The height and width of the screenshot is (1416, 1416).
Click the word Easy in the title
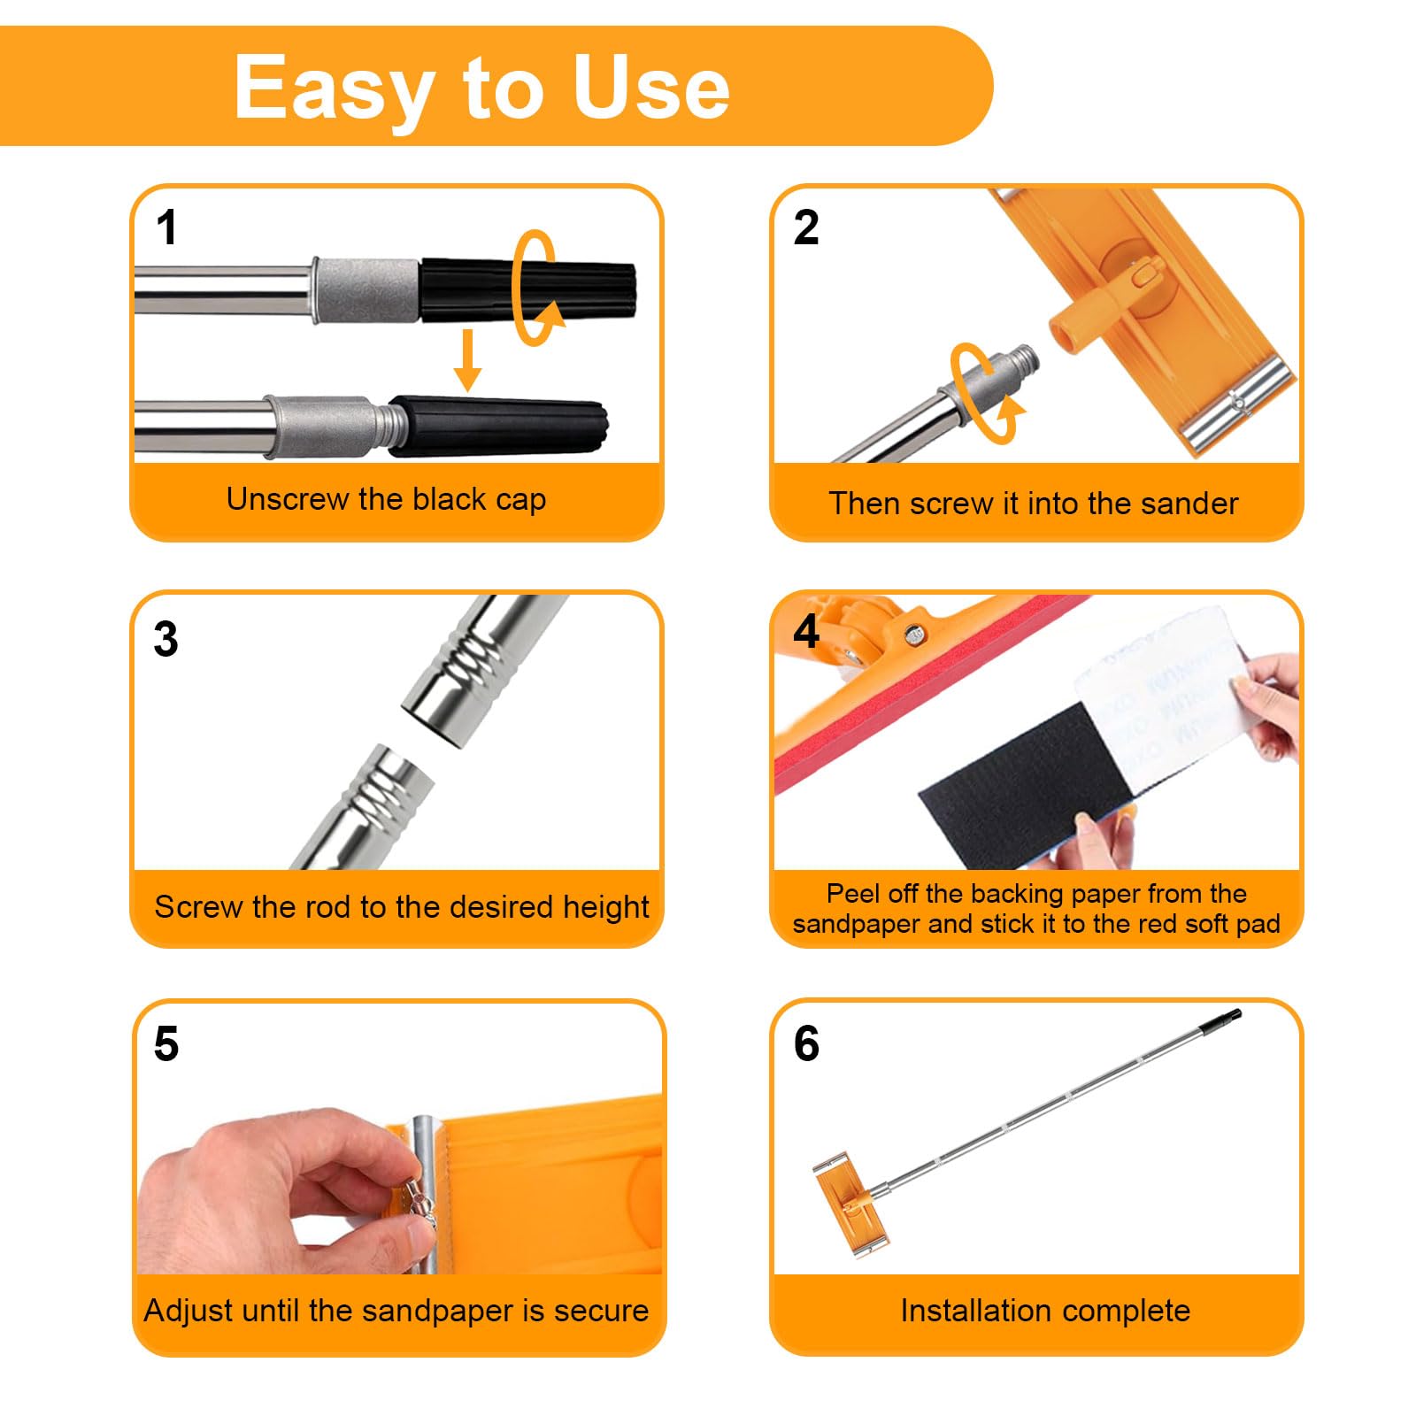coord(334,88)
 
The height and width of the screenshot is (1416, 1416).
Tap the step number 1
coord(166,227)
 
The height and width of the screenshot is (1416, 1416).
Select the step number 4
coord(806,632)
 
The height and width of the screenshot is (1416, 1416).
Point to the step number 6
coord(806,1043)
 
